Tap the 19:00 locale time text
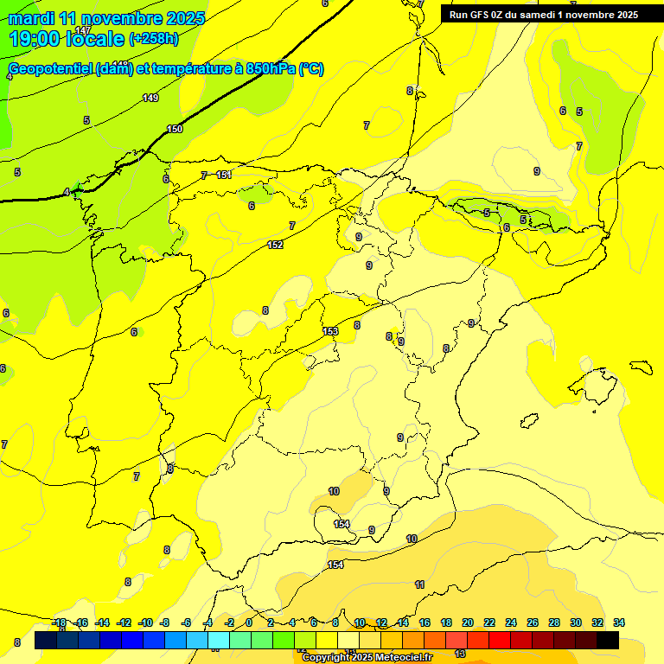[66, 39]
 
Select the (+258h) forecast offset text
[153, 39]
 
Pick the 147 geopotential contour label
[83, 30]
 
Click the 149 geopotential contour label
[150, 98]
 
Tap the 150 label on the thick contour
[175, 129]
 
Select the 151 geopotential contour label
[224, 176]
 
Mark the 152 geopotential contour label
[275, 246]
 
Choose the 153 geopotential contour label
[330, 331]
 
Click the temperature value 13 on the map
[460, 654]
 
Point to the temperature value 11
[419, 585]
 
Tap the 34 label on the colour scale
[618, 622]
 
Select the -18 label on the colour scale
[60, 622]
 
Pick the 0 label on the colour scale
[249, 622]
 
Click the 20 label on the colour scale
[468, 622]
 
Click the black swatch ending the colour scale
[608, 640]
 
